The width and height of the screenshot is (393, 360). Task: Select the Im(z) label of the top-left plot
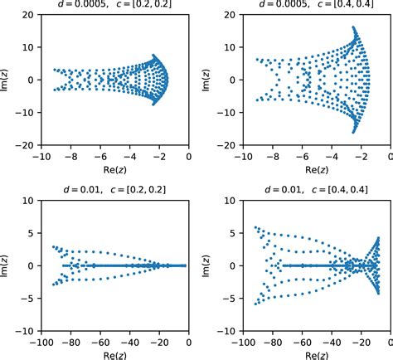[7, 80]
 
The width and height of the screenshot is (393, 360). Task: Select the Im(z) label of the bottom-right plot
[203, 265]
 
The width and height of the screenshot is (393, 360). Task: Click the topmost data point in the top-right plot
[354, 28]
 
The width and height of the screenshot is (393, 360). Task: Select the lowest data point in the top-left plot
[155, 105]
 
